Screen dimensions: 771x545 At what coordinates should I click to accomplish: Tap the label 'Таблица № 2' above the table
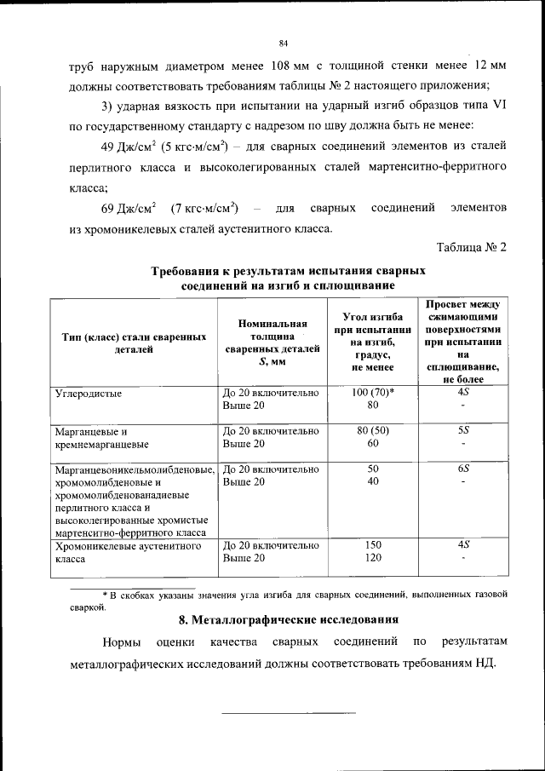[472, 248]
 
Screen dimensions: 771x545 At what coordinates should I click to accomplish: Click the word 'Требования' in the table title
[191, 271]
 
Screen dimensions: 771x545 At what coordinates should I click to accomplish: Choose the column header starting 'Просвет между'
[463, 342]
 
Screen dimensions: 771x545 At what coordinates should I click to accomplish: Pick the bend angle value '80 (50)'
[372, 431]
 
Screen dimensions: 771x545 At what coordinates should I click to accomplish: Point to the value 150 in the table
[372, 544]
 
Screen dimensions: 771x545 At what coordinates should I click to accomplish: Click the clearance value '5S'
[463, 431]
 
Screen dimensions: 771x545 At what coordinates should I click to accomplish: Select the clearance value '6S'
[463, 469]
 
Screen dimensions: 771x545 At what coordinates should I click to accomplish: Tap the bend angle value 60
[372, 444]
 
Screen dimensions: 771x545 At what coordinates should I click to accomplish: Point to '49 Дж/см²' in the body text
[128, 143]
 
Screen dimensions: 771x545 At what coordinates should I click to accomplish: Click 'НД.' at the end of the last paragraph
[483, 663]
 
